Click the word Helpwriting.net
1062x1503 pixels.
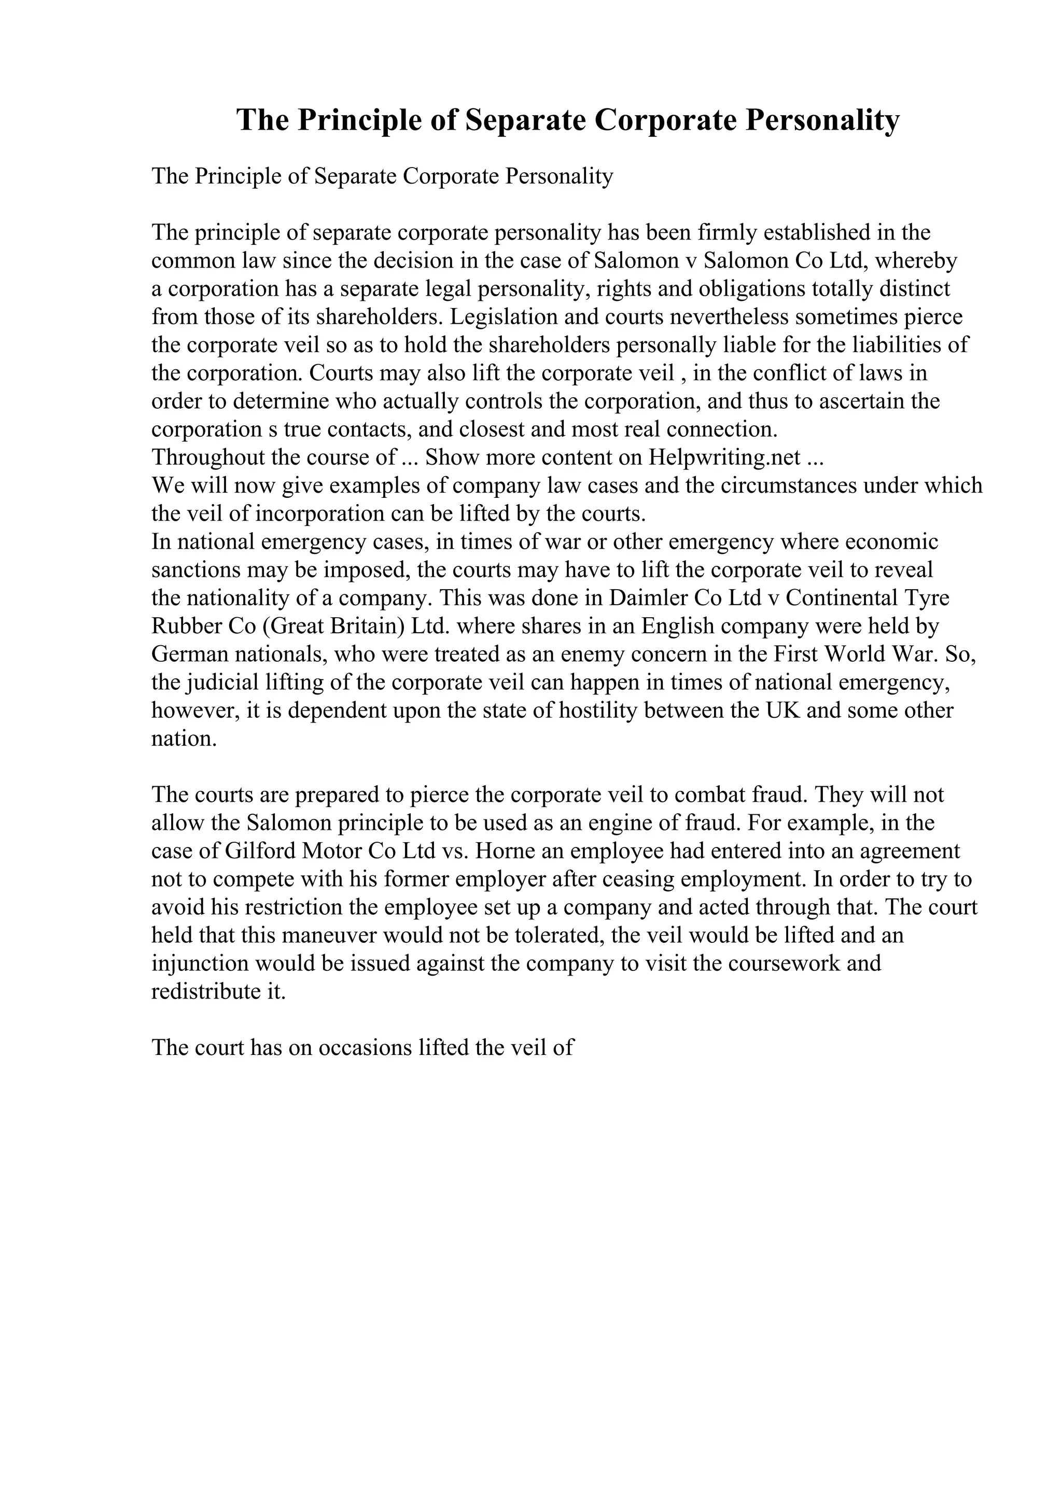pos(725,457)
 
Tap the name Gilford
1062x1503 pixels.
pos(258,851)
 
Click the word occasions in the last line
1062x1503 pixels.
pos(367,1048)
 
